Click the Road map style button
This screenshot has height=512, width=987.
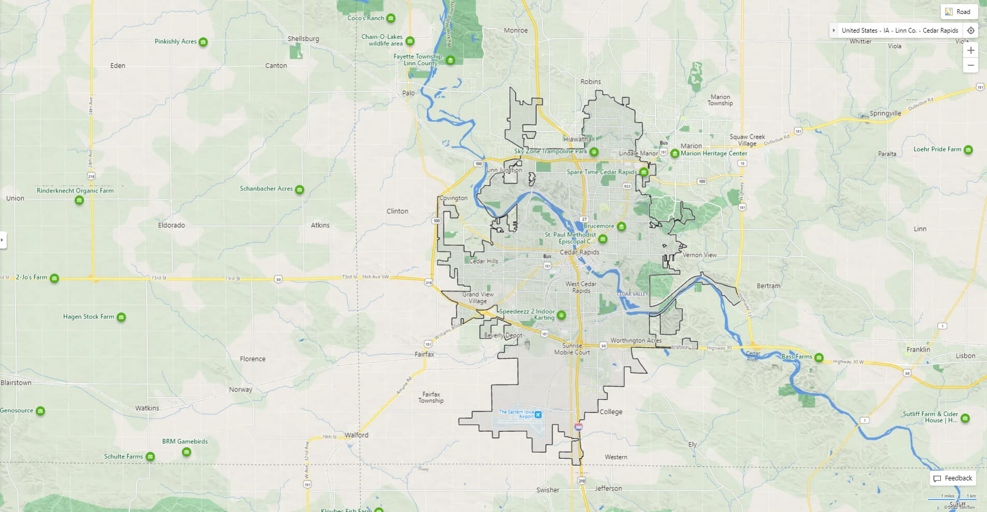click(x=959, y=12)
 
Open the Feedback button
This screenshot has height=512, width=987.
click(x=953, y=478)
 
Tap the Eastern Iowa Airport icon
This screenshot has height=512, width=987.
click(x=538, y=415)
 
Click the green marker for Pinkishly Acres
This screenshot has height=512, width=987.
click(x=203, y=42)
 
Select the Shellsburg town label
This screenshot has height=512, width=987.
click(x=303, y=39)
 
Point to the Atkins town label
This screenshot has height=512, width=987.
click(x=320, y=225)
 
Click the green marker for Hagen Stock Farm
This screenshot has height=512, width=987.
click(x=121, y=317)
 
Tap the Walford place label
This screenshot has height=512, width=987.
click(x=356, y=435)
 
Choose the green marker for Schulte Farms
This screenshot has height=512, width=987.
click(x=150, y=457)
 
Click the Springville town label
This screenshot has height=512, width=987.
click(x=885, y=113)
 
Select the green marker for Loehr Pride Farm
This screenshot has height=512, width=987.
click(x=968, y=150)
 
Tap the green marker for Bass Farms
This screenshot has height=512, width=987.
click(x=819, y=357)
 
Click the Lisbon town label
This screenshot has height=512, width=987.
click(x=965, y=356)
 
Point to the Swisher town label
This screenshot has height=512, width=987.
click(x=547, y=490)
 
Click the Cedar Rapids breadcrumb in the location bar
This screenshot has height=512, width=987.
click(x=940, y=31)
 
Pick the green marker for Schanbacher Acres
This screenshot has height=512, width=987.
click(x=299, y=190)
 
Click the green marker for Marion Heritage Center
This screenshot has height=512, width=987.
click(x=675, y=153)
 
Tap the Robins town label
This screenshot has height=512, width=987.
click(x=590, y=82)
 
